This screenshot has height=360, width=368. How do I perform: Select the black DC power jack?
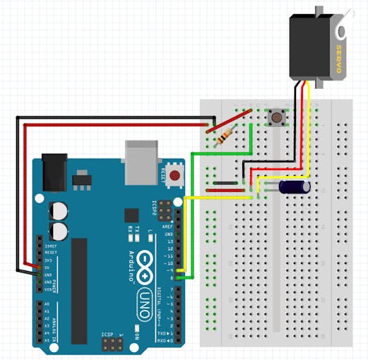coord(54,173)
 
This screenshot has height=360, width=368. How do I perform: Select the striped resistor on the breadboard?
coord(225,135)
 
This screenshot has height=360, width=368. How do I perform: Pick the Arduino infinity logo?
coord(146,262)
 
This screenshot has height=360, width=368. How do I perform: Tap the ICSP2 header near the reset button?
coord(165,210)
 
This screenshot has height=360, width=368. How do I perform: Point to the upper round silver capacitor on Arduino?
coord(58,211)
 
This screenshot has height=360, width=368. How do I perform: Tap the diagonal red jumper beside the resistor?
coord(229,119)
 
